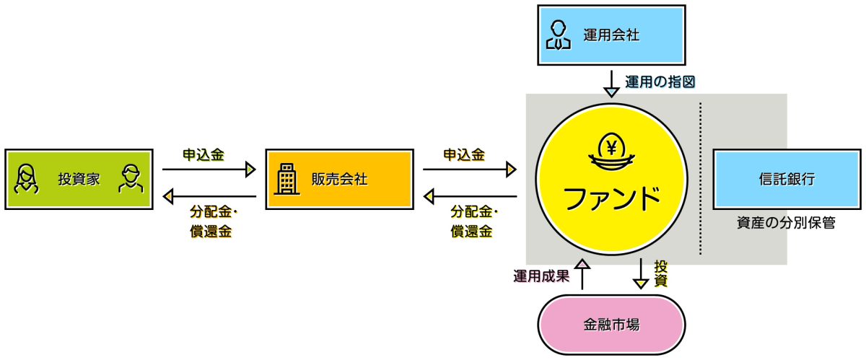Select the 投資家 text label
pyautogui.click(x=79, y=180)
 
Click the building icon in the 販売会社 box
pyautogui.click(x=287, y=179)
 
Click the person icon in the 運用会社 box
pyautogui.click(x=556, y=35)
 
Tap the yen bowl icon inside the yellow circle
pyautogui.click(x=611, y=154)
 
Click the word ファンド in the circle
pyautogui.click(x=611, y=197)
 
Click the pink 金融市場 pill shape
pyautogui.click(x=611, y=325)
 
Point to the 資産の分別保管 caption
pyautogui.click(x=786, y=223)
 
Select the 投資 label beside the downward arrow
pyautogui.click(x=660, y=273)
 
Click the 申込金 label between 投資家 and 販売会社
pyautogui.click(x=203, y=154)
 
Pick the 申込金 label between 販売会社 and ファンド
pyautogui.click(x=463, y=154)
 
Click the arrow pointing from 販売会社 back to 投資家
pyautogui.click(x=209, y=196)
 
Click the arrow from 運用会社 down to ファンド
pyautogui.click(x=611, y=83)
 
